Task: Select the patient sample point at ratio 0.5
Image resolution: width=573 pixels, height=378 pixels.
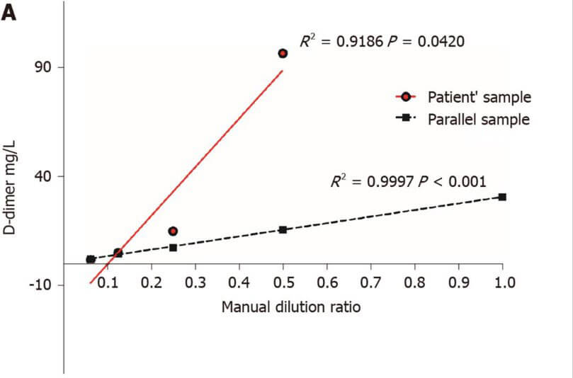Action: tap(283, 53)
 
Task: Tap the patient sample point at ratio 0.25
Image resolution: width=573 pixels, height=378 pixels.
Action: tap(173, 231)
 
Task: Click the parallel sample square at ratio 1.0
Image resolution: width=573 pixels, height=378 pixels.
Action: tap(502, 197)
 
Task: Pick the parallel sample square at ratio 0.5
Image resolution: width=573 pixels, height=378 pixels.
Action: tap(283, 229)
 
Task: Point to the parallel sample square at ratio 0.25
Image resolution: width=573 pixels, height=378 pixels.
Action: tap(173, 247)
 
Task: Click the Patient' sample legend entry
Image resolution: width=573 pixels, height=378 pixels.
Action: tap(479, 96)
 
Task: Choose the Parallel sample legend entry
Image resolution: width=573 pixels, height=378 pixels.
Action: tap(478, 119)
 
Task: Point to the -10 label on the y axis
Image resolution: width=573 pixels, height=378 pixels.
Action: tap(43, 285)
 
